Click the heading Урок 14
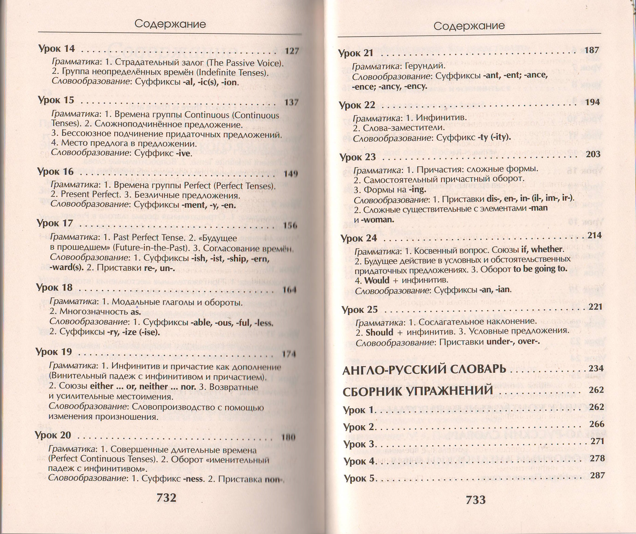[56, 49]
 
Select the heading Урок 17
[55, 223]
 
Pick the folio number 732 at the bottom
[166, 498]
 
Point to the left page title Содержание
[170, 24]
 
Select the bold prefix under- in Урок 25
[500, 342]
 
